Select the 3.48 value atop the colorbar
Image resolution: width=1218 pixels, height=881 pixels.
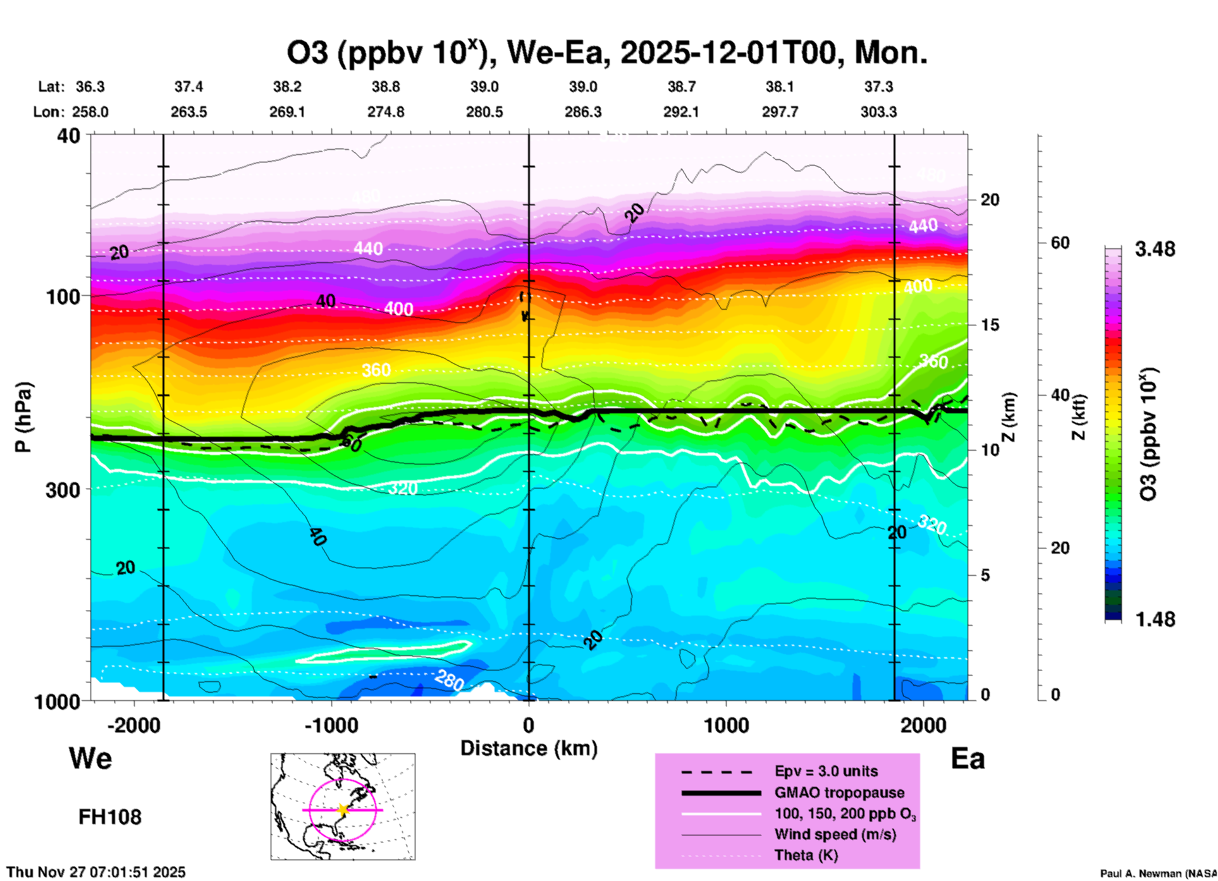(x=1155, y=249)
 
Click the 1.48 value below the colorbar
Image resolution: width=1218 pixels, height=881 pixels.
(x=1155, y=619)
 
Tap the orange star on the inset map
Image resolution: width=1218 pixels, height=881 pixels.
(x=343, y=810)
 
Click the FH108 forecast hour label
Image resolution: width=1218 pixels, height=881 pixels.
(x=110, y=817)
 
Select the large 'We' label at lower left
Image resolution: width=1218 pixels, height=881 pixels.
(x=90, y=758)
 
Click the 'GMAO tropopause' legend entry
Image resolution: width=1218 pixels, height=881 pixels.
(x=839, y=793)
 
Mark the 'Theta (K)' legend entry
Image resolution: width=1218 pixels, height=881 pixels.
(x=806, y=856)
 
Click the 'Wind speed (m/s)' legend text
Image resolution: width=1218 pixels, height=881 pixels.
(x=835, y=834)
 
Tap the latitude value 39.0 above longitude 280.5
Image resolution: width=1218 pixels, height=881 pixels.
(x=484, y=87)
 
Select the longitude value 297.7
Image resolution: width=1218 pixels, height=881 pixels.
(x=780, y=112)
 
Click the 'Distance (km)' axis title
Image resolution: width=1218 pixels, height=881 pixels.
(x=529, y=748)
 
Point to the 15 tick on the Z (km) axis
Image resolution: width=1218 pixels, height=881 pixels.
(x=990, y=325)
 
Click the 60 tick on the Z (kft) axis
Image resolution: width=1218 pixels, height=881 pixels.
(x=1061, y=243)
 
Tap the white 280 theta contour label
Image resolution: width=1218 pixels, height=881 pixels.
(x=450, y=680)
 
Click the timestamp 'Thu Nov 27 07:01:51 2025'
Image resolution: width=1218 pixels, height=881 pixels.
(x=96, y=872)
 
